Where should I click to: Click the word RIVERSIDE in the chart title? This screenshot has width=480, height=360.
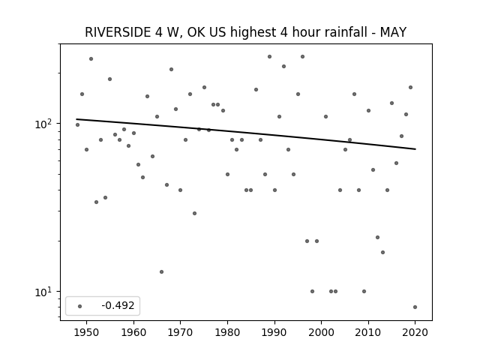[118, 32]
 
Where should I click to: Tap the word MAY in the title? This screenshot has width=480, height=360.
[393, 32]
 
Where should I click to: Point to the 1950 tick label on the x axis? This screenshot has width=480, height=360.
[87, 332]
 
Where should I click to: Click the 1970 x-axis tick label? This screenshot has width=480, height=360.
[180, 332]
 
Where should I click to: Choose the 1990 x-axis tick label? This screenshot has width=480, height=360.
[274, 332]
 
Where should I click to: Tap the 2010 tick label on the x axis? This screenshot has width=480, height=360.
[368, 332]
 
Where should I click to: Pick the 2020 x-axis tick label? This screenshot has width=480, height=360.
[415, 332]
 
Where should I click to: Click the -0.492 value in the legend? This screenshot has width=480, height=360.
[118, 305]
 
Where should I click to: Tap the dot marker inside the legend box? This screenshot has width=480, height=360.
[80, 306]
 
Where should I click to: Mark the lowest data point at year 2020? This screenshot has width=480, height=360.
[415, 307]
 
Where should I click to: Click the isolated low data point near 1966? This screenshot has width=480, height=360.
[162, 271]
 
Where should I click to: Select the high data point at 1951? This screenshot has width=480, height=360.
[91, 58]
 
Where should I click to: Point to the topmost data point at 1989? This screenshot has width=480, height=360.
[269, 57]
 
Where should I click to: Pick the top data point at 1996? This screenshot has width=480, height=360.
[302, 57]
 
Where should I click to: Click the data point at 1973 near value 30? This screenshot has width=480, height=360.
[194, 213]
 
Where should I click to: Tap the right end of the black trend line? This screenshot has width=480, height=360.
[415, 149]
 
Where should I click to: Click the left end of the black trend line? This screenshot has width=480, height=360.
[76, 119]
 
